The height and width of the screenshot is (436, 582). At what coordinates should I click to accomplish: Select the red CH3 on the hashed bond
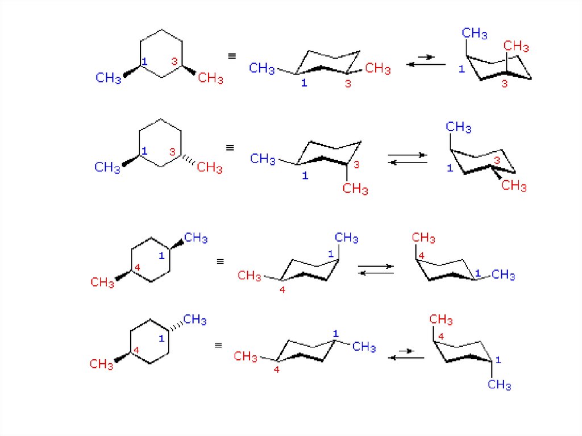210,168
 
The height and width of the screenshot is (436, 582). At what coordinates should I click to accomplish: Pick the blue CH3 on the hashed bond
194,319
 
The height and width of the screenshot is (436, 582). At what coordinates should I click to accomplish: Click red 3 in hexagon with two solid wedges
174,61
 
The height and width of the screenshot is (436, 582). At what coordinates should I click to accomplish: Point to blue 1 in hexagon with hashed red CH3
144,151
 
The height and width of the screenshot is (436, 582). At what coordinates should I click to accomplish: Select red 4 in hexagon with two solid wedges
137,267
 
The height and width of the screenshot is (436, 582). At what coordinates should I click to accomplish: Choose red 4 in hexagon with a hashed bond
136,351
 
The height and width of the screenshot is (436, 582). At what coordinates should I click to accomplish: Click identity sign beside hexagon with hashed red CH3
230,148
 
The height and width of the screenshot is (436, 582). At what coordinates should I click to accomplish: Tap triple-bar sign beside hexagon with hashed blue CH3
218,345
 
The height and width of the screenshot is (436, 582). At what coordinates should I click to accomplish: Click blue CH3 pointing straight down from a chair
500,385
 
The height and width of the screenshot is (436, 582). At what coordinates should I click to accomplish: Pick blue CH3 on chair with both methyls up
475,34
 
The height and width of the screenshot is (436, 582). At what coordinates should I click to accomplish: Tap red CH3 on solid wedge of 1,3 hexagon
210,78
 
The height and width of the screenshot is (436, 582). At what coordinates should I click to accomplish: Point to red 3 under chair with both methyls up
504,84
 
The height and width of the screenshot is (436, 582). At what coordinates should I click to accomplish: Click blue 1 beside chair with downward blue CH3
498,360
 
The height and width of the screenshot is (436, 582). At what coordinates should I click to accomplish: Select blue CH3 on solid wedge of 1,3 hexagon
108,77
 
